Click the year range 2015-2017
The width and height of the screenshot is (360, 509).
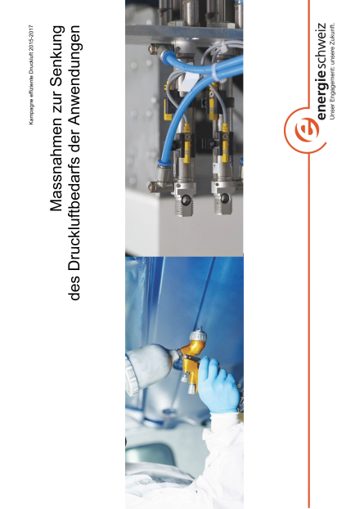click(31, 36)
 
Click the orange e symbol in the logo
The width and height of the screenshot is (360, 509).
click(306, 129)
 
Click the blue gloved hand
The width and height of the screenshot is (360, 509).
click(218, 385)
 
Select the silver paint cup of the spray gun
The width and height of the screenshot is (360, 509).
click(150, 369)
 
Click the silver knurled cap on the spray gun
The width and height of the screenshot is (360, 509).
click(198, 335)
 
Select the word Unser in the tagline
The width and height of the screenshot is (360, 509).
click(331, 113)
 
